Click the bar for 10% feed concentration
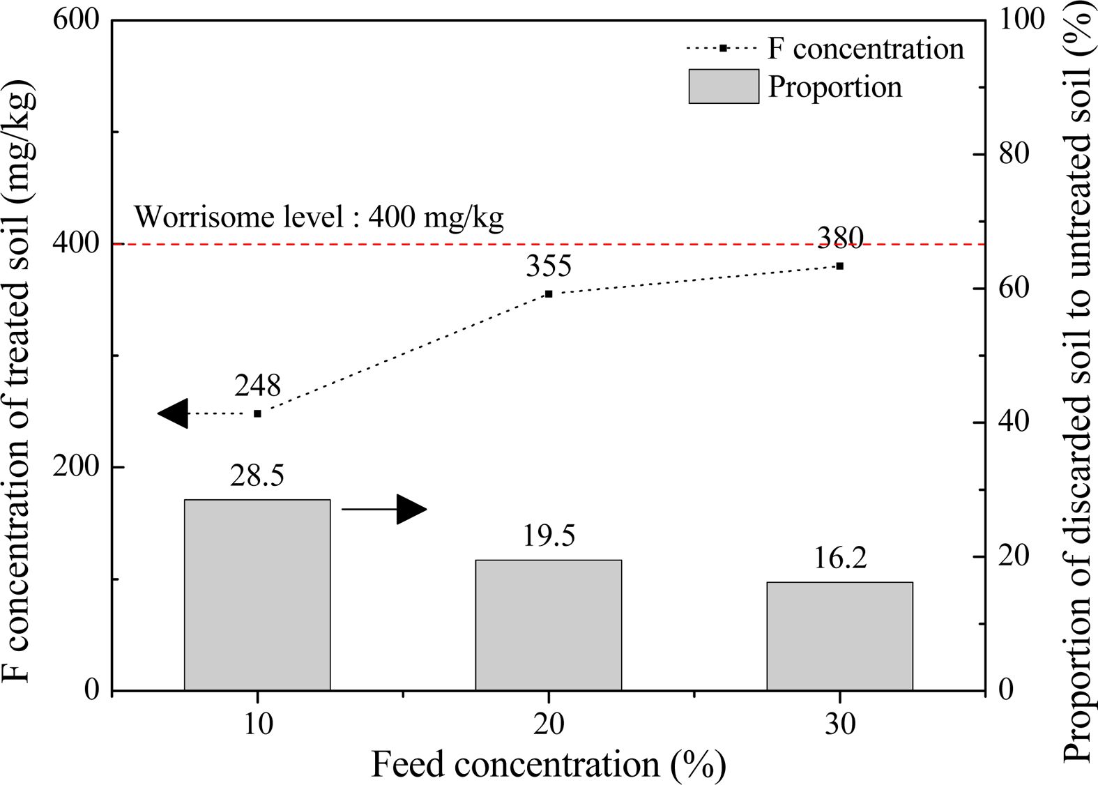coord(257,595)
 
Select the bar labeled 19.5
coord(548,625)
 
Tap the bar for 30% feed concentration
coord(839,636)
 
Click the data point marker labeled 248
coord(257,413)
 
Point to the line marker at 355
coord(549,294)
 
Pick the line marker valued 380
coord(840,266)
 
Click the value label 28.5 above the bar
coord(257,476)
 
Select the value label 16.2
coord(840,558)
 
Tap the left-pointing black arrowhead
coord(174,413)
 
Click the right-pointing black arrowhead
coord(411,510)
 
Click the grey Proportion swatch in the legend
coord(723,86)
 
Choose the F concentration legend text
coord(866,48)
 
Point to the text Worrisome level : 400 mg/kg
coord(319,218)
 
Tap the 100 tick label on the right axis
coord(1022,20)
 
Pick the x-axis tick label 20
coord(549,725)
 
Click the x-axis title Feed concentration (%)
coord(548,764)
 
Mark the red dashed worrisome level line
coord(627,244)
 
